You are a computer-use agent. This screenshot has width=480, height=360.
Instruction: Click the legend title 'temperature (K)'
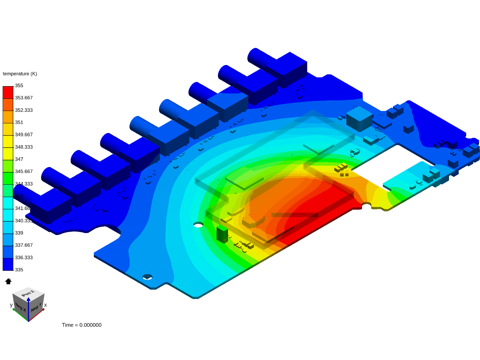[x=20, y=74]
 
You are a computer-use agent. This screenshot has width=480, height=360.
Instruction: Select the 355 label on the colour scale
[x=19, y=86]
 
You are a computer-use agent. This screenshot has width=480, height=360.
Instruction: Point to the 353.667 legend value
[x=24, y=98]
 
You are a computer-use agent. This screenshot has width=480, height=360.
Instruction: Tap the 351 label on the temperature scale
[x=19, y=122]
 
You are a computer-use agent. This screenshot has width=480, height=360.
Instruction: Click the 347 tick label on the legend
[x=19, y=159]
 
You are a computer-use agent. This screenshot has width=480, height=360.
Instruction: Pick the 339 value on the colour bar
[x=19, y=233]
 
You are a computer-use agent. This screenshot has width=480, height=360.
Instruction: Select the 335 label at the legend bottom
[x=19, y=270]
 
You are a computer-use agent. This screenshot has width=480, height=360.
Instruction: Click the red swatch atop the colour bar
[x=8, y=92]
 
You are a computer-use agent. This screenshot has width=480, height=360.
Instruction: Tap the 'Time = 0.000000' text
[x=82, y=325]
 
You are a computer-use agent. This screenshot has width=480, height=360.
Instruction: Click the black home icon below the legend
[x=8, y=281]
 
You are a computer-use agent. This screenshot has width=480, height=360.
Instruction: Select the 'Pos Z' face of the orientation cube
[x=28, y=293]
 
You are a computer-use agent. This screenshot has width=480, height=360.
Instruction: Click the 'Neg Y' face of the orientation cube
[x=36, y=307]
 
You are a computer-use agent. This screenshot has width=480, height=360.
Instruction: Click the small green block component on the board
[x=222, y=234]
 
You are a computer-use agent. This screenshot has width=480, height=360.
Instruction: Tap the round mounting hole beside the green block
[x=198, y=225]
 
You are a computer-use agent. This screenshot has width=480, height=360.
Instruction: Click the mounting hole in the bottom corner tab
[x=147, y=277]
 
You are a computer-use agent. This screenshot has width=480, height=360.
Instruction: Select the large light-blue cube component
[x=359, y=119]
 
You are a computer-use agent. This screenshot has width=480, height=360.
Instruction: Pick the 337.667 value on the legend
[x=24, y=245]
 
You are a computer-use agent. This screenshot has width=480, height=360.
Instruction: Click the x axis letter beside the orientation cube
[x=45, y=305]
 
